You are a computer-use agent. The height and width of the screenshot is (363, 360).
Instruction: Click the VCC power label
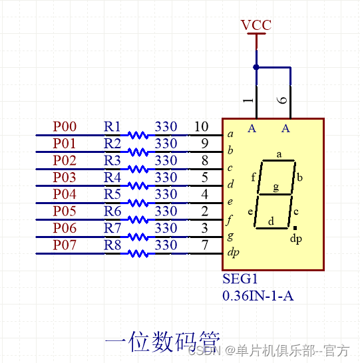tap(256, 25)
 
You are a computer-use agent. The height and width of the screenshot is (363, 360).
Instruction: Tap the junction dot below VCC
tap(256, 67)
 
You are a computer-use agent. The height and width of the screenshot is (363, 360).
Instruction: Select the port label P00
tap(65, 126)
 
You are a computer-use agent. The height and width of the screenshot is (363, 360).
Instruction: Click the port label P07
tap(65, 245)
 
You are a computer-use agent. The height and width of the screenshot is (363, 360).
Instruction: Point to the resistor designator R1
tap(112, 126)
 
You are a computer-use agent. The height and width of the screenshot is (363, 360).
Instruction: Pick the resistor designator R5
tap(112, 194)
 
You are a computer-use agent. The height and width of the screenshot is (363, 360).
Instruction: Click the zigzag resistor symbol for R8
tap(138, 253)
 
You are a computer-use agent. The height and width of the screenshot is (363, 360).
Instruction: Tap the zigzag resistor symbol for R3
tap(138, 169)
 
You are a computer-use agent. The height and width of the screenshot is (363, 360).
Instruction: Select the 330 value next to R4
tap(166, 178)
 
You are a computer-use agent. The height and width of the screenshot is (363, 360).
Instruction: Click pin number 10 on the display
tap(201, 126)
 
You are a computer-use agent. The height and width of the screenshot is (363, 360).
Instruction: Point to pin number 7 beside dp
tap(204, 245)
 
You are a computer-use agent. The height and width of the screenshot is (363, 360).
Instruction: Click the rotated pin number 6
tap(282, 100)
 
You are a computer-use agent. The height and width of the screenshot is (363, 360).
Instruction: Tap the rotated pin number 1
tap(248, 100)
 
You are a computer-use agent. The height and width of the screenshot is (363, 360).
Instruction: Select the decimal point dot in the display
tap(295, 228)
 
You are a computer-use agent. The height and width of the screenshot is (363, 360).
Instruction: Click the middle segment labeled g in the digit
tap(275, 193)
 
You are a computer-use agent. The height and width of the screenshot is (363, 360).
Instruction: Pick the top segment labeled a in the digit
tap(279, 160)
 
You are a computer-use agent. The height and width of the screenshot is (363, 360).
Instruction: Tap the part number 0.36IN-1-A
tap(258, 296)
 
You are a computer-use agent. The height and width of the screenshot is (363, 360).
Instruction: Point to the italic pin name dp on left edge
tap(233, 253)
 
